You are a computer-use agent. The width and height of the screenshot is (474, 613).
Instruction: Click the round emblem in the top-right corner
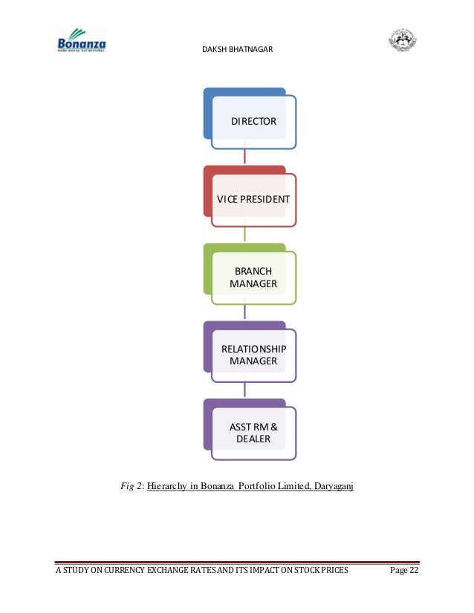403,40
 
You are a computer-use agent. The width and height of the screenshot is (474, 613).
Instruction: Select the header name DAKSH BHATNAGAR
236,50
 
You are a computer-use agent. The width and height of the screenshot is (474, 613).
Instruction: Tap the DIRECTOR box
253,121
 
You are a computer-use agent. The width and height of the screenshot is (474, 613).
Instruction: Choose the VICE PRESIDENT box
253,200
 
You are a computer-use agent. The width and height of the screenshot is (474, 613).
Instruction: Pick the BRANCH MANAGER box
253,278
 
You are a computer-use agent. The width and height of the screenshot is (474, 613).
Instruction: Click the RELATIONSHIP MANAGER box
253,355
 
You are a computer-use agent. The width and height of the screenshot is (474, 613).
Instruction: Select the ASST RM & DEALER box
253,433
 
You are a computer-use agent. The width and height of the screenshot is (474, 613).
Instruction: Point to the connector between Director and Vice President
244,157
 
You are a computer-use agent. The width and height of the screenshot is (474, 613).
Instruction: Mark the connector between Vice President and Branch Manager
244,235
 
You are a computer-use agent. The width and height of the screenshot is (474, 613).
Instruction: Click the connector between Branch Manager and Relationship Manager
244,312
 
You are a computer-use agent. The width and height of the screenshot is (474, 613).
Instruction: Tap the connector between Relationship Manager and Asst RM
244,390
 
